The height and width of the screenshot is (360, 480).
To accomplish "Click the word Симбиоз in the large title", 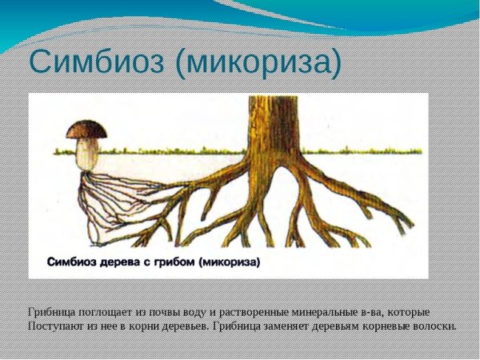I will click(x=97, y=63).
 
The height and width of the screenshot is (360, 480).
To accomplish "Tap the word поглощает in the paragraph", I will click(x=105, y=311).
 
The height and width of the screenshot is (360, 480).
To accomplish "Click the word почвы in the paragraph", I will click(x=165, y=311).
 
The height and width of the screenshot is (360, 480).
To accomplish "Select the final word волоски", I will click(x=431, y=326).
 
